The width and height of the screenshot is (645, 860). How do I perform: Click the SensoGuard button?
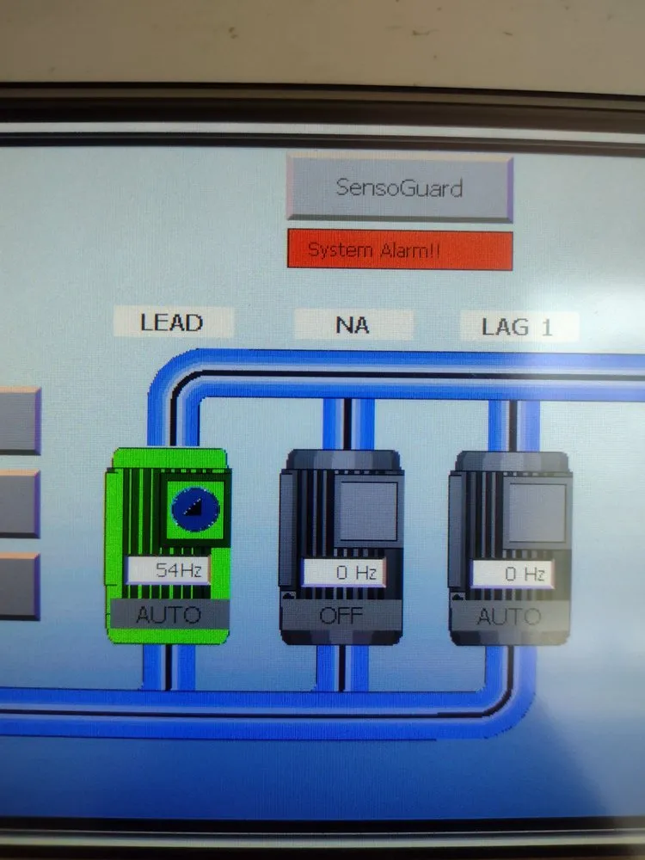pos(400,188)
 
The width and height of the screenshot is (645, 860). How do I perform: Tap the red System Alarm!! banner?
pos(400,250)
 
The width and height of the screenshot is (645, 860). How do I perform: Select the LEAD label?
pos(173,322)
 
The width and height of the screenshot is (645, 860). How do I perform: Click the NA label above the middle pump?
pos(353,325)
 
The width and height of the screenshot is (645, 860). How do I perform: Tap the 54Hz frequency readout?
pos(169,570)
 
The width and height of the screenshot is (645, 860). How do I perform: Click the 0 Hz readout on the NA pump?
pos(344,573)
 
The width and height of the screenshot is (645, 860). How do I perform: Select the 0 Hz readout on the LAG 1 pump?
pos(513,574)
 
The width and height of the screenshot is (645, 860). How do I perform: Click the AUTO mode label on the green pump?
pos(169,614)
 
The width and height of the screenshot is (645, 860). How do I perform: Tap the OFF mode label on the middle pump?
pos(341,616)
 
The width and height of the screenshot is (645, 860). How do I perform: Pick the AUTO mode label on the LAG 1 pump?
pos(509,617)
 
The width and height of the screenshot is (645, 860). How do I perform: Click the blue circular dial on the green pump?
pos(195,509)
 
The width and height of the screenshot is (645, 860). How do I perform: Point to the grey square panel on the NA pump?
pos(367,511)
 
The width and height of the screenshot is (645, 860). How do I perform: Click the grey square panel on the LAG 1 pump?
pos(536,513)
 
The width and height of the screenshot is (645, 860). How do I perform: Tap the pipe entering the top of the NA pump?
pos(347,424)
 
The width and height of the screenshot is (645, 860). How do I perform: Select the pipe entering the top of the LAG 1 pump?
pos(513,427)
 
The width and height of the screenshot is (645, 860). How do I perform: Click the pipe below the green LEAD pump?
pos(169,666)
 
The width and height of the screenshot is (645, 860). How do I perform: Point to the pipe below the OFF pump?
pos(342,668)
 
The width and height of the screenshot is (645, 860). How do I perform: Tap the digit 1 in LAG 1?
pos(546,328)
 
